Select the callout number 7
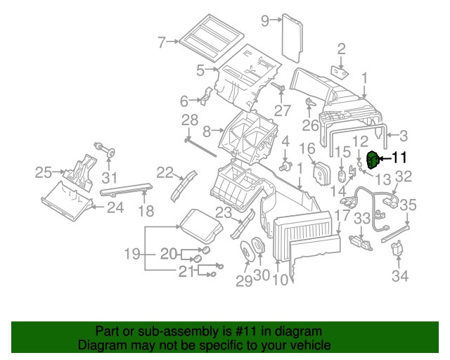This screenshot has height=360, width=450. [162, 42]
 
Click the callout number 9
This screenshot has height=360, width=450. [266, 21]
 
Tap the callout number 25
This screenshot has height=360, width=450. [44, 171]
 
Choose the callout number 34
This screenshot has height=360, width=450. [399, 276]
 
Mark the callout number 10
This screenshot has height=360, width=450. [279, 278]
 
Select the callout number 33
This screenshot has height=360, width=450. [361, 219]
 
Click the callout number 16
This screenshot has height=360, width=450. [307, 148]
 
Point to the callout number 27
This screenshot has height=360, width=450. [283, 110]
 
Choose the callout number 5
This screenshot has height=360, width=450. [200, 70]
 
